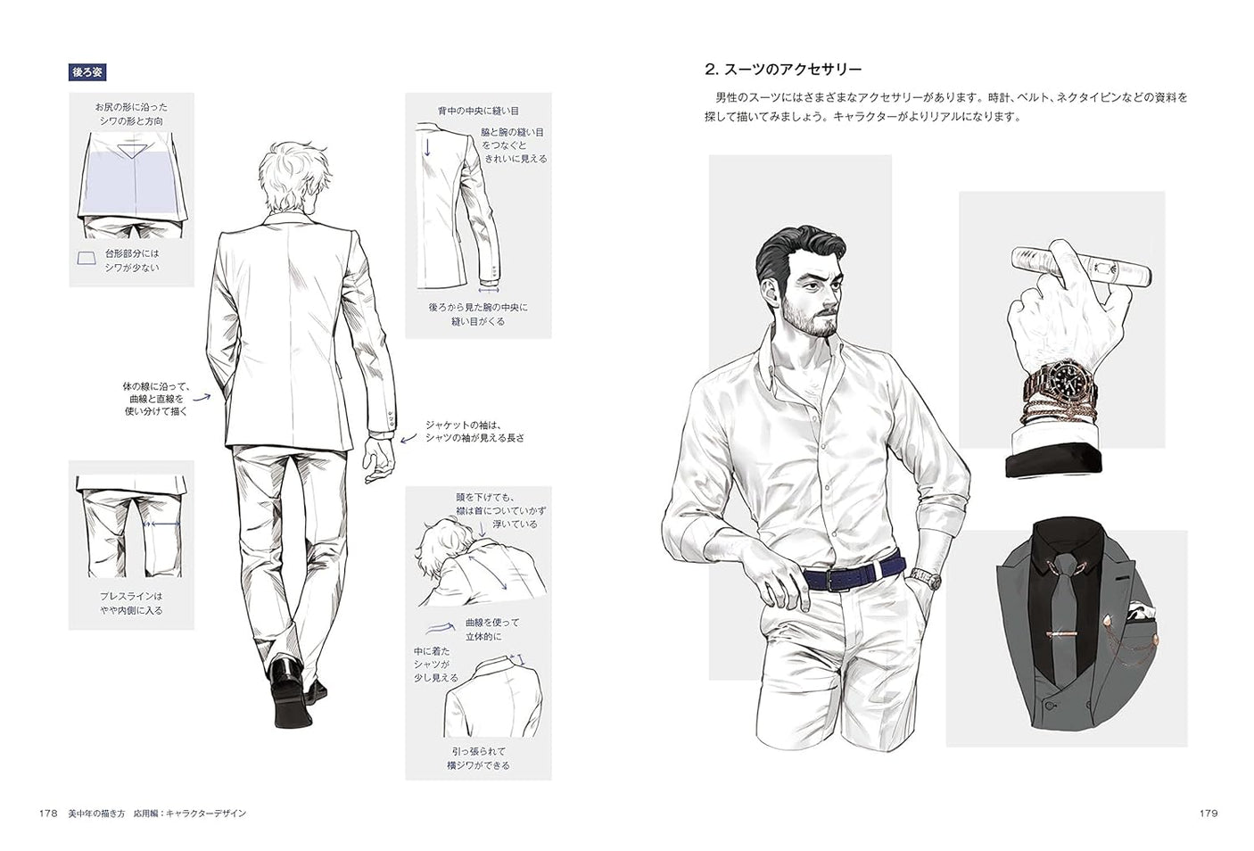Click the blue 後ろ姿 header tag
(x=87, y=72)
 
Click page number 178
(x=49, y=814)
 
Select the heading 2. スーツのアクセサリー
(x=782, y=70)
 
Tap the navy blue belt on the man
(x=852, y=574)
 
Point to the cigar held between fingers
(x=1079, y=265)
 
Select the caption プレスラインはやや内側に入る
(x=131, y=603)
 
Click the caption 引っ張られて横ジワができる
(x=478, y=758)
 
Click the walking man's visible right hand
(x=381, y=458)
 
